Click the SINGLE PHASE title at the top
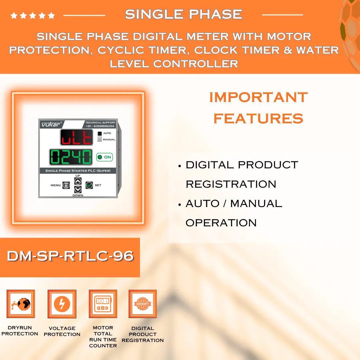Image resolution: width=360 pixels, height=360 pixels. click(183, 14)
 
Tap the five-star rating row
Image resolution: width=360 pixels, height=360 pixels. click(33, 15)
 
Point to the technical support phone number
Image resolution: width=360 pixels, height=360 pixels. click(100, 126)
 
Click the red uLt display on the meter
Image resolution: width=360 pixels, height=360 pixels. click(76, 137)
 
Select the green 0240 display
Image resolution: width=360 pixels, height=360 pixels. click(71, 157)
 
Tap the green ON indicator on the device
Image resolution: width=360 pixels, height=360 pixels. click(104, 157)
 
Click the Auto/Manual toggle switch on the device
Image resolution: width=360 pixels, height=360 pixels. click(99, 136)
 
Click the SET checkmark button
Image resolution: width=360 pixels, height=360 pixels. click(89, 185)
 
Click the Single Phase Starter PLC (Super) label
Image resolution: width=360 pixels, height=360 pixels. click(78, 171)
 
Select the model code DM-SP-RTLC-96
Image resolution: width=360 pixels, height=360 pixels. click(70, 256)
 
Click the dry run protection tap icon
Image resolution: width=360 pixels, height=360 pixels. click(21, 304)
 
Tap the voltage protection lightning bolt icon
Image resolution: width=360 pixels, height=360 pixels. click(62, 304)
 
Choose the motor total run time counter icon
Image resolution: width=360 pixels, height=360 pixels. click(103, 304)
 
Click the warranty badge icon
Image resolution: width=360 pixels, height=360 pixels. click(143, 304)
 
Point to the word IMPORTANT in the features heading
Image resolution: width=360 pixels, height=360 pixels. click(258, 97)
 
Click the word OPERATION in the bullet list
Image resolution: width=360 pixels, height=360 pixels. click(221, 223)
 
